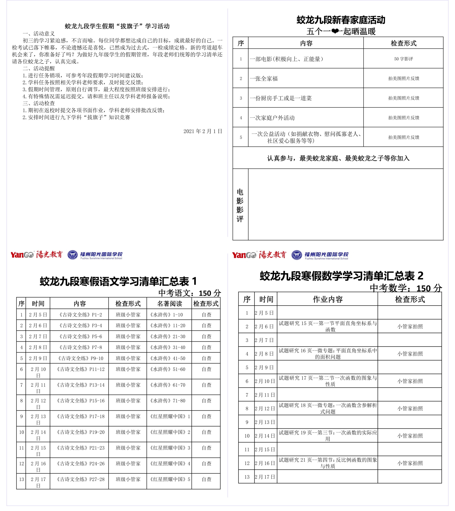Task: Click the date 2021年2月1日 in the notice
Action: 203,131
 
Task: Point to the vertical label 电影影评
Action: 240,205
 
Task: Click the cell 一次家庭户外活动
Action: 272,118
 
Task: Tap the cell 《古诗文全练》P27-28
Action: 81,479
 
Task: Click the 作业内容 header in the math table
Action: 328,299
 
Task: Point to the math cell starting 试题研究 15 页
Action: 328,326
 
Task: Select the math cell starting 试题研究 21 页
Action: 328,463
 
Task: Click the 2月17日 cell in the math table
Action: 265,477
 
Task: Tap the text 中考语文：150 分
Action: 189,293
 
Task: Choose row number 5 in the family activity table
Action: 241,137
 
